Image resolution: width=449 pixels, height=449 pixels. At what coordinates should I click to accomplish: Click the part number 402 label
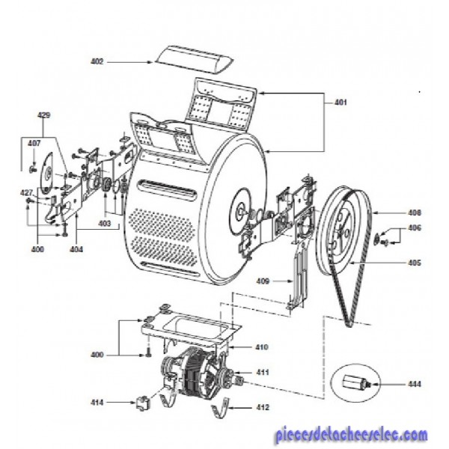[97, 61]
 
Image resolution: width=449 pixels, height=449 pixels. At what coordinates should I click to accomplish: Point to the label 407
[34, 142]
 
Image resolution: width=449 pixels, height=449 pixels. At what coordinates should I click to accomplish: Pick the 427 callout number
[26, 192]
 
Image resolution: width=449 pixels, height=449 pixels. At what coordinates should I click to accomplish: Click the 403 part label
[104, 223]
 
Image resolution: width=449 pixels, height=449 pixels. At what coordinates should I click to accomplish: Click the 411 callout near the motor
[263, 372]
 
